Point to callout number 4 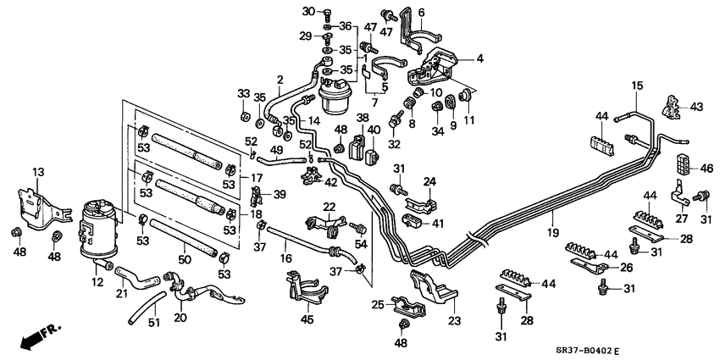tap(479, 59)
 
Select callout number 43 tap(696, 107)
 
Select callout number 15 tap(637, 86)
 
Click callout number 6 tap(422, 12)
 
